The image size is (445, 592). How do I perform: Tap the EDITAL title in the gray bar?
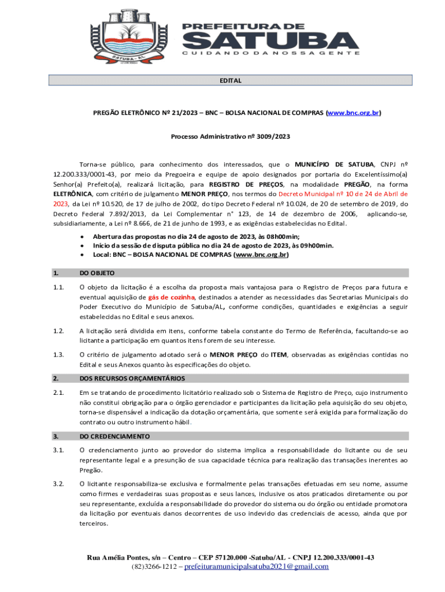point(229,80)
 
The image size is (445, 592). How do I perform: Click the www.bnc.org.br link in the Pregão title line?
point(353,113)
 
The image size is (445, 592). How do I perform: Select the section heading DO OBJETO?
point(97,273)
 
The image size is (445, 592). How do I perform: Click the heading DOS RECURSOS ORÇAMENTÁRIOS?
point(132,378)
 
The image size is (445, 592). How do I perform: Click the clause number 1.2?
point(57,331)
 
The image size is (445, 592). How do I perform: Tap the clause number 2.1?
point(57,393)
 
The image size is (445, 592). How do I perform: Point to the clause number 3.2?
point(57,483)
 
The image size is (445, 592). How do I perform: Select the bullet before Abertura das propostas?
point(83,236)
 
